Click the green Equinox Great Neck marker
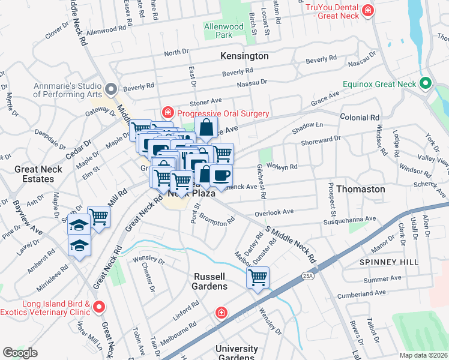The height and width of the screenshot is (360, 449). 426,83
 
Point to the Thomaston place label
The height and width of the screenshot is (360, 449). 360,189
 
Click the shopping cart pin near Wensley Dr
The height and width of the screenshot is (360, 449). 258,278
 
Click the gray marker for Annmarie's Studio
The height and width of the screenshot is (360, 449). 110,89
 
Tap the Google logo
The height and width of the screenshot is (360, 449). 20,352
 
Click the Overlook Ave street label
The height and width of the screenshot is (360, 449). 273,212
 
